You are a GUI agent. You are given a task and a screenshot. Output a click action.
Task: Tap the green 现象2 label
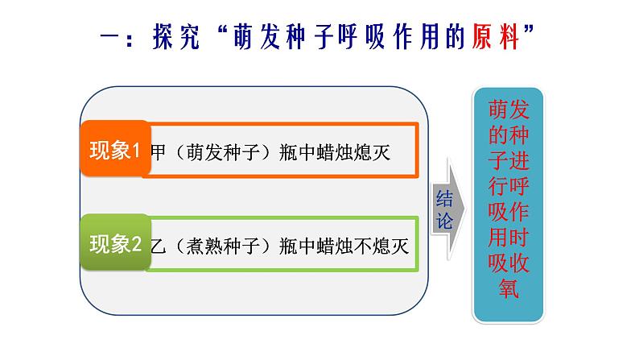pos(115,242)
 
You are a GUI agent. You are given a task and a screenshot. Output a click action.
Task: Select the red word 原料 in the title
pos(496,37)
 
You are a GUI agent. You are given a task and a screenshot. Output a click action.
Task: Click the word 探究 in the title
pos(176,37)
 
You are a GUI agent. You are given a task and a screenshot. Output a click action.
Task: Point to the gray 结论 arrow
pos(448,209)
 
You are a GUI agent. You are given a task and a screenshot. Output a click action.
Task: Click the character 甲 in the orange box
pos(158,152)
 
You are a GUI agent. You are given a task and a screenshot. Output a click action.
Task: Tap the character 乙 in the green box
pos(158,246)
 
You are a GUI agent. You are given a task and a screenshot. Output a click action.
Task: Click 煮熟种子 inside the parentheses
pos(223,246)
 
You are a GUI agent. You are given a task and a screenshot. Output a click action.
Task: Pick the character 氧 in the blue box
pos(509,288)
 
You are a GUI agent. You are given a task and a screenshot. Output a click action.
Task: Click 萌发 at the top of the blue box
pos(509,110)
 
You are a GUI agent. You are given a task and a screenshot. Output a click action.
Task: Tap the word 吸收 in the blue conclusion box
pos(509,263)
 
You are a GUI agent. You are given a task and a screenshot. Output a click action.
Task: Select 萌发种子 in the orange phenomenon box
pos(223,152)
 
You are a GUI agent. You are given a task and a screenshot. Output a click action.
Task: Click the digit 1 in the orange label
pos(136,151)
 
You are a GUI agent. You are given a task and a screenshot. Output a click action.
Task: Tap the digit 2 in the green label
pos(137,244)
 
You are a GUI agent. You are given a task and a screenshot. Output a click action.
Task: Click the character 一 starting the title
pos(109,37)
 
